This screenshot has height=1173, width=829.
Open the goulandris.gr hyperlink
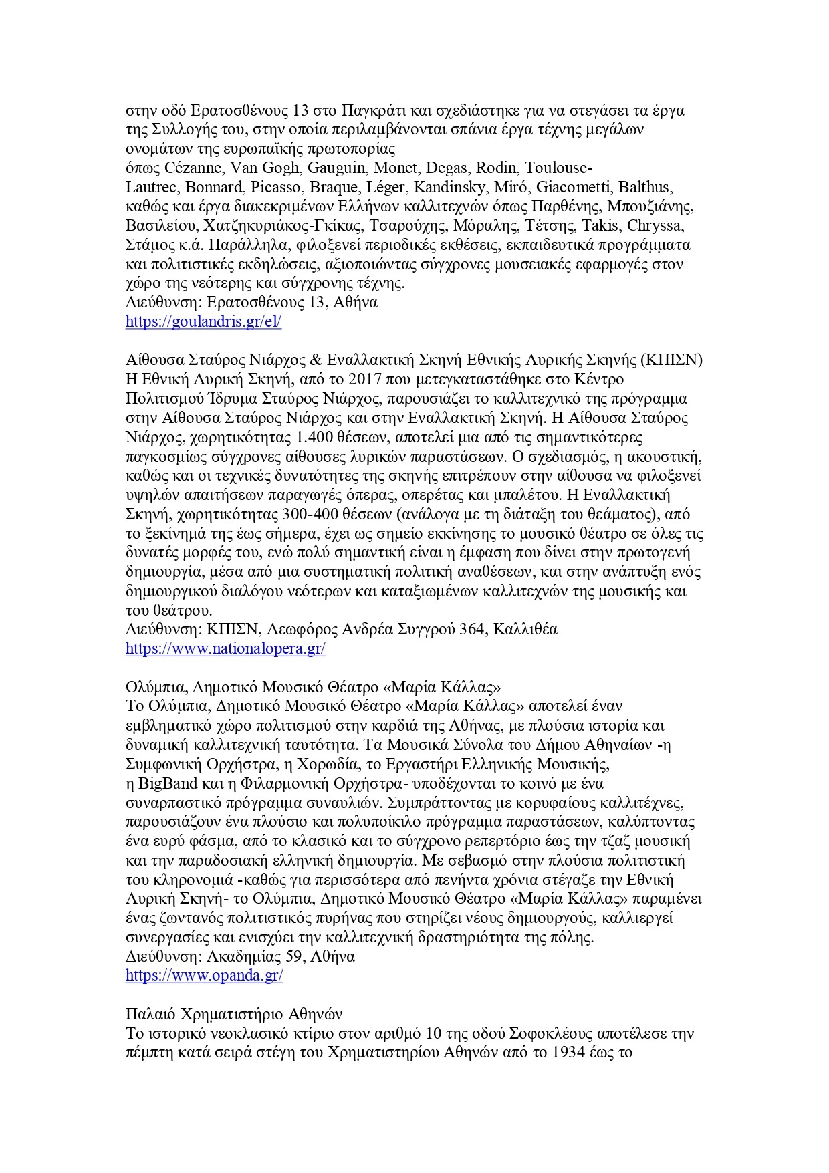click(x=203, y=321)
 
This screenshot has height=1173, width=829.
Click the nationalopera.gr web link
click(x=225, y=648)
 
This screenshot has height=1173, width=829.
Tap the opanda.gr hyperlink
click(x=204, y=975)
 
